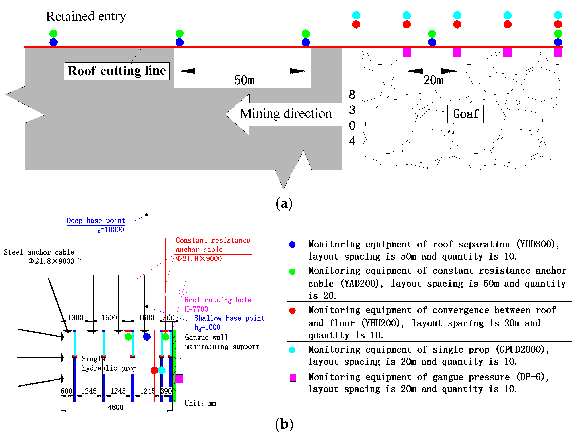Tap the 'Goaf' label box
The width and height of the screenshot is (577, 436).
465,114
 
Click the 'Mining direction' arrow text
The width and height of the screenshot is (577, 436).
286,114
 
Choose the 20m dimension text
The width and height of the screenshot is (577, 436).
433,80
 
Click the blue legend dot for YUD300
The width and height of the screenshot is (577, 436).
292,244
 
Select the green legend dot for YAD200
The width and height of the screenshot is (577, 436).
292,271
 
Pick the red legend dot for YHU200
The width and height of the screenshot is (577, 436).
292,311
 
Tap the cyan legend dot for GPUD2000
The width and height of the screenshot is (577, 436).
292,350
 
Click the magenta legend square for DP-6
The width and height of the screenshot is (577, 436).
293,378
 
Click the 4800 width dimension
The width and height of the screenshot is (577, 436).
116,407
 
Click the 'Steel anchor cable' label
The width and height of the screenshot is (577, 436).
39,252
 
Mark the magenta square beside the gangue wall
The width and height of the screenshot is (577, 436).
179,379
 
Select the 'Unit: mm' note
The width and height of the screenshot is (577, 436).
200,403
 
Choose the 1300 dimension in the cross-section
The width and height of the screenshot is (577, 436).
75,318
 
